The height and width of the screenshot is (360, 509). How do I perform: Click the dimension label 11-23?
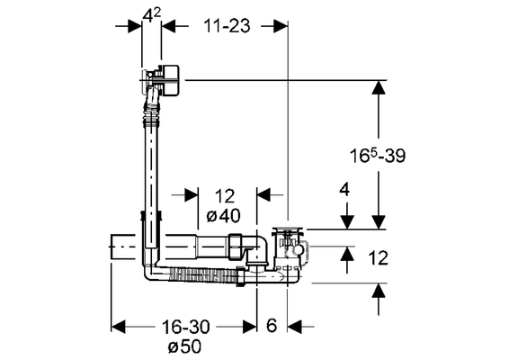pyautogui.click(x=227, y=26)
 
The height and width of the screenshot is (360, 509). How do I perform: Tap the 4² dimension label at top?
pyautogui.click(x=152, y=15)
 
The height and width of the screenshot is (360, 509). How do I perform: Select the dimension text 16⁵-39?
pyautogui.click(x=378, y=155)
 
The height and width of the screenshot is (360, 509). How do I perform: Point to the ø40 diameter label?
pyautogui.click(x=224, y=215)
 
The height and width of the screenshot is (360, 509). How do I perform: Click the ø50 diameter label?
pyautogui.click(x=184, y=346)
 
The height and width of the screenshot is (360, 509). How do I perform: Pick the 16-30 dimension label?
pyautogui.click(x=185, y=326)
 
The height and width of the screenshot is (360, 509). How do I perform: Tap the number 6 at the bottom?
pyautogui.click(x=272, y=325)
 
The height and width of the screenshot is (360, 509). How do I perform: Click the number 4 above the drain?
pyautogui.click(x=344, y=189)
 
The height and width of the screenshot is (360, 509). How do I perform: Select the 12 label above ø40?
pyautogui.click(x=225, y=196)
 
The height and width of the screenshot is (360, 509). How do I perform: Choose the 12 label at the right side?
pyautogui.click(x=379, y=258)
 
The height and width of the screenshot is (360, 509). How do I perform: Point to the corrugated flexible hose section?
pyautogui.click(x=203, y=274)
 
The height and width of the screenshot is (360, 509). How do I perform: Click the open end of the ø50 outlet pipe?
pyautogui.click(x=112, y=247)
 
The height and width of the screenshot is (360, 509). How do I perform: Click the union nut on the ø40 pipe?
pyautogui.click(x=236, y=247)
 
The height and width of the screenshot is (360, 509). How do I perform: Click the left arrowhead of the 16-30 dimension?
pyautogui.click(x=118, y=327)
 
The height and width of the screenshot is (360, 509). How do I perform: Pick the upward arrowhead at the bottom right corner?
pyautogui.click(x=379, y=291)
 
